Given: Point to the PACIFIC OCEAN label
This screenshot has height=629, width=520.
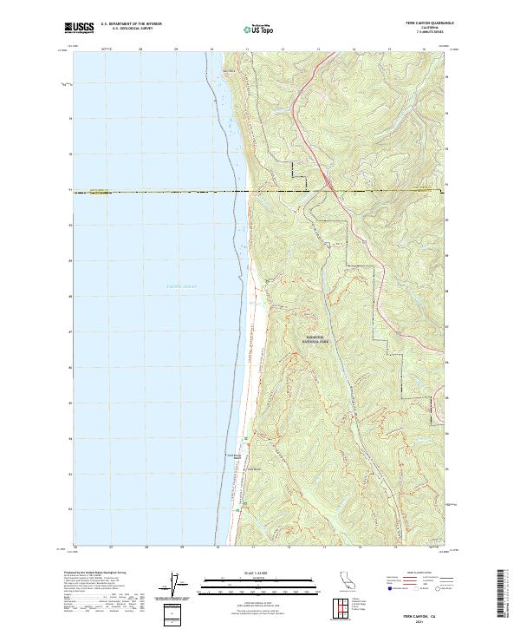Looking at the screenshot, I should pos(182,285).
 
